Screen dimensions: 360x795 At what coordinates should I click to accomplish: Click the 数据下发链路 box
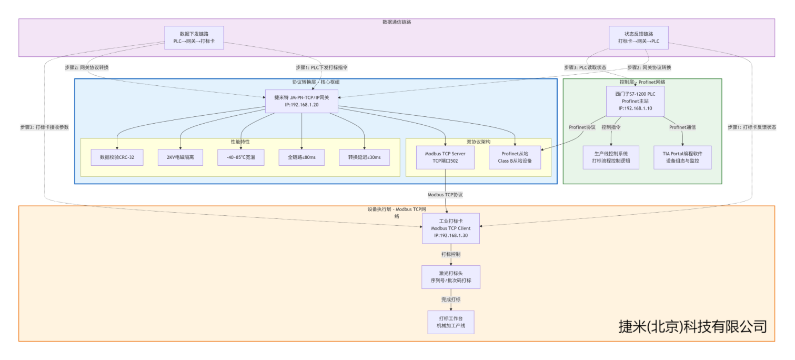194,37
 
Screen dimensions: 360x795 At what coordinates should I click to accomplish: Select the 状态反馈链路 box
638,37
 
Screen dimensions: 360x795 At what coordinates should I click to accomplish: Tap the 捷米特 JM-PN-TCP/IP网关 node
301,101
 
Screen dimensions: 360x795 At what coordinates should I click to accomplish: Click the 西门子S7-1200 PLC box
635,101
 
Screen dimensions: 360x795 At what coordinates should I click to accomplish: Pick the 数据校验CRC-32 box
117,157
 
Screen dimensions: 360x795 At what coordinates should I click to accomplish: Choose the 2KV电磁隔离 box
180,157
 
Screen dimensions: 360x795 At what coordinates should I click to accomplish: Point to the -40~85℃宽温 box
241,157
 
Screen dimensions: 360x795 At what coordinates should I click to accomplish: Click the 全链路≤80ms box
301,157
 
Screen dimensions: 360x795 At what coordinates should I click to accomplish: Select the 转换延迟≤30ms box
364,157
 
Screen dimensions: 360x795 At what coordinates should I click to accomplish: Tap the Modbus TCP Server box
446,157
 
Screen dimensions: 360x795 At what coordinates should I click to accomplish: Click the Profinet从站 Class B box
515,157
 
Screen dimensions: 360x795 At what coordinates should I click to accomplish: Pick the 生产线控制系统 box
611,157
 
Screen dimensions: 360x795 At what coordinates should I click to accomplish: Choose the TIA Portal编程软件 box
682,157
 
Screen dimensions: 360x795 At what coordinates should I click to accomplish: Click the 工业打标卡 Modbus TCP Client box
451,228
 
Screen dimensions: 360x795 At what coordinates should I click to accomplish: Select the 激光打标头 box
451,277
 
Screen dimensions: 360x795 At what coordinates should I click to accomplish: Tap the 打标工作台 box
451,322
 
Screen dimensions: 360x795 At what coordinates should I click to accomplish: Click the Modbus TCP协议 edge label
445,195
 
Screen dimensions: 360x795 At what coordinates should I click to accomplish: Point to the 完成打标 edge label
451,299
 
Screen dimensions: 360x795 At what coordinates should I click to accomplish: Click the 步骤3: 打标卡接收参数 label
45,127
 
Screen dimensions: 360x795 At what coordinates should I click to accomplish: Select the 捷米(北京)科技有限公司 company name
692,327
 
